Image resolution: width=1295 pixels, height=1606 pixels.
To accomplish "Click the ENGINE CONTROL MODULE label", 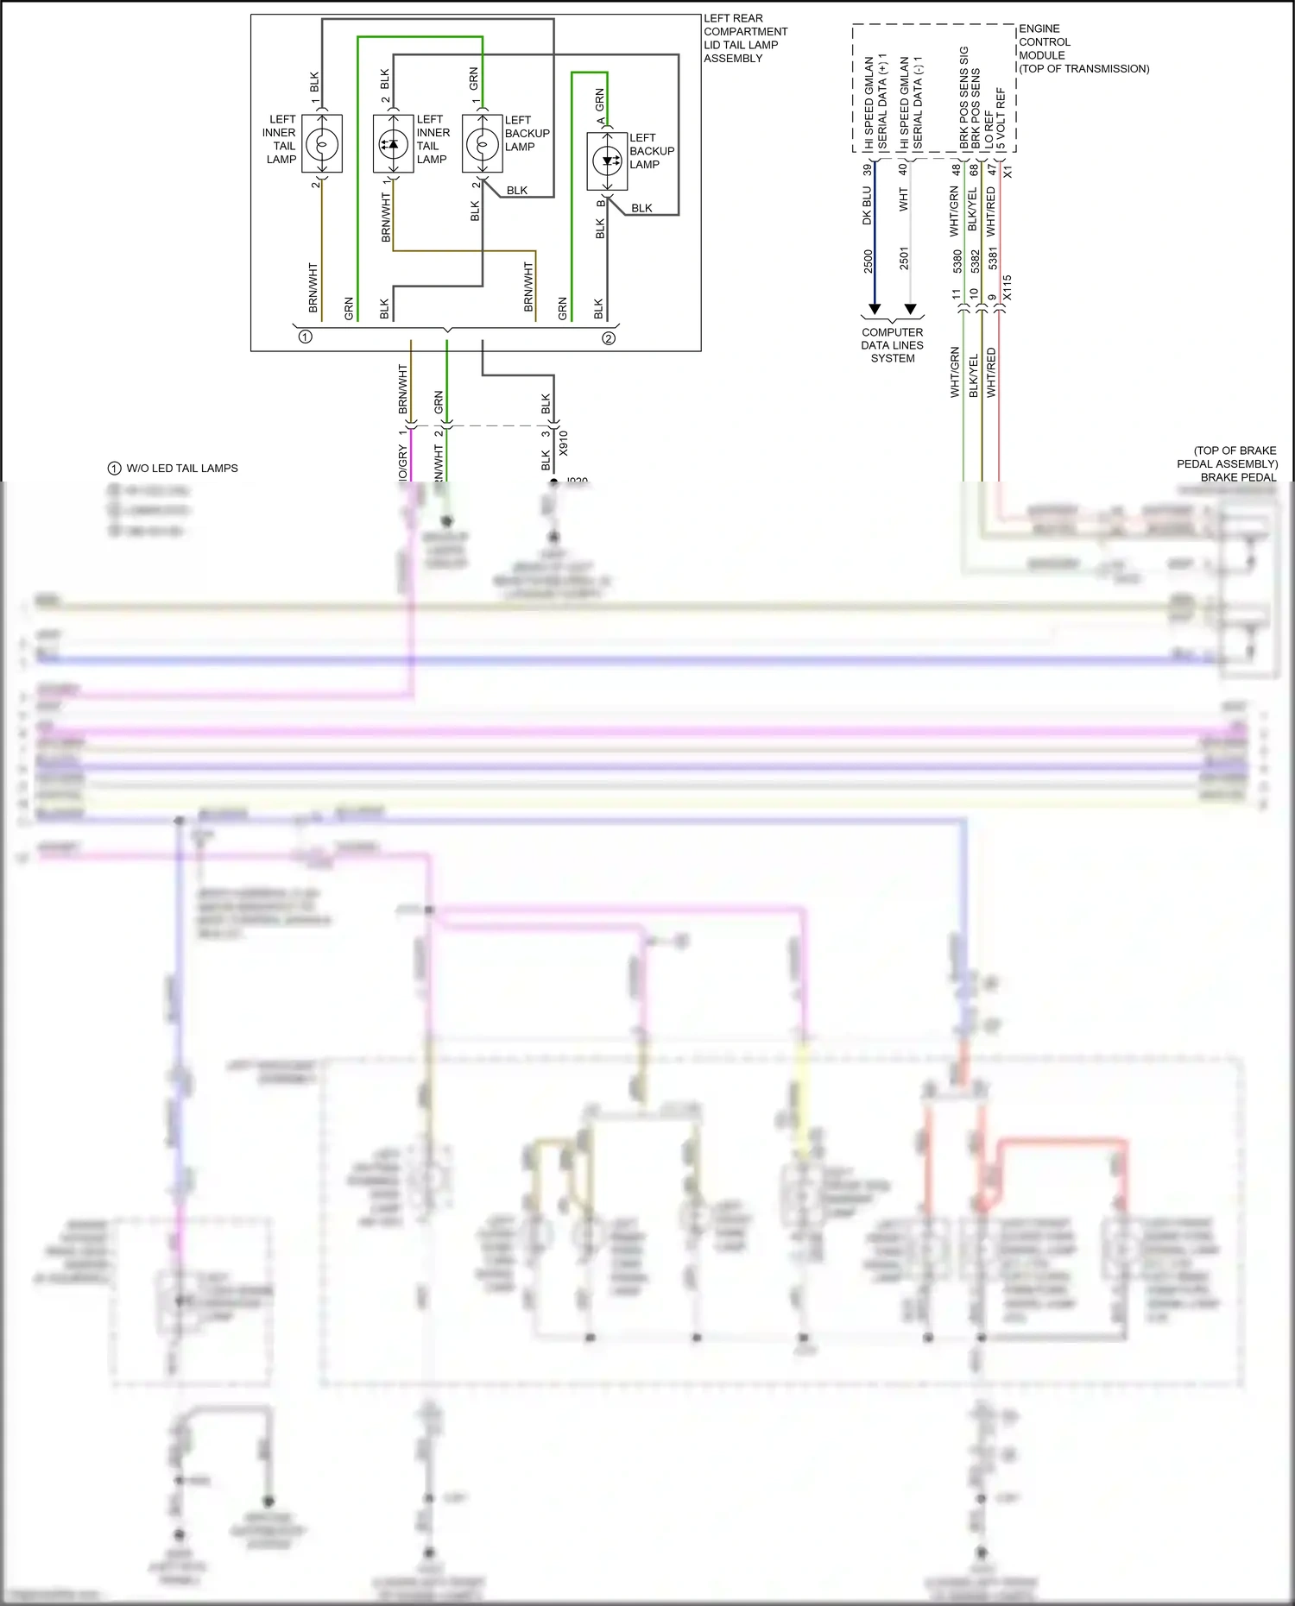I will coord(1083,48).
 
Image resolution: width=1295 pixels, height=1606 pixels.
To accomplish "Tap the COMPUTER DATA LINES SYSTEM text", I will coord(892,345).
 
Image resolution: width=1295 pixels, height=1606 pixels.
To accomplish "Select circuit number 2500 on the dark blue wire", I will coord(869,261).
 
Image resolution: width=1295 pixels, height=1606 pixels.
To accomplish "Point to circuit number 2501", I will coord(905,258).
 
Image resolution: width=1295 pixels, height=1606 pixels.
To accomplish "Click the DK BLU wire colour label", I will coord(867,205).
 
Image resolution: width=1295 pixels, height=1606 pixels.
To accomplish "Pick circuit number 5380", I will coord(957,261).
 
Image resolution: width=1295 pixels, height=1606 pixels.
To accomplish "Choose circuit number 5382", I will coord(976,261).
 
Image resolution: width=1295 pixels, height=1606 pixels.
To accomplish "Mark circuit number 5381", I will coord(993,258).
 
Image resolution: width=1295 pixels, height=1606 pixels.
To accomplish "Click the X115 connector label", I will coord(1008,288).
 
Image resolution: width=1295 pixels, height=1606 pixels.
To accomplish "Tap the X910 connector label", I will coord(564,443).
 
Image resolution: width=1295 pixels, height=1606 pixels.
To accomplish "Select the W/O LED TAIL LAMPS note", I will coord(182,469).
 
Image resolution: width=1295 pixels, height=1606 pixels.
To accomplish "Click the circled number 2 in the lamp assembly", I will coord(609,338).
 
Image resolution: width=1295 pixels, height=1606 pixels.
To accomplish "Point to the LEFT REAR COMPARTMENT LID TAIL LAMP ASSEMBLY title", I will coord(745,38).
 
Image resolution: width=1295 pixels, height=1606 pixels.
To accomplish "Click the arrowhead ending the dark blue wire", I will coord(875,309).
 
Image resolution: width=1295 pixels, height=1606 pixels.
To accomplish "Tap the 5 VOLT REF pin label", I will coord(1001,118).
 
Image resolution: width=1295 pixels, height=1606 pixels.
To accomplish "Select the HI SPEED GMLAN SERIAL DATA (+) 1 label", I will coord(875,104).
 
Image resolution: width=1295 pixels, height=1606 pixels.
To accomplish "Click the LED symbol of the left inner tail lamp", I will coord(393,144).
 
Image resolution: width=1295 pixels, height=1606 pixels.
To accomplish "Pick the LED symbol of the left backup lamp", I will coord(608,161).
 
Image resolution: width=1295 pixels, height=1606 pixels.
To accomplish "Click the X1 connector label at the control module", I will coord(1008,171).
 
